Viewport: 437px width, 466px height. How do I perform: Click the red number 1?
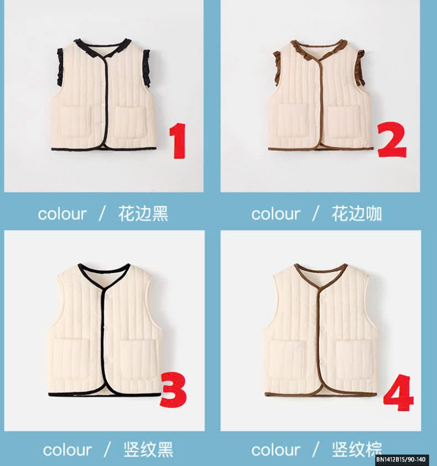(x=178, y=141)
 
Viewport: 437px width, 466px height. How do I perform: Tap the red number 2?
(x=392, y=139)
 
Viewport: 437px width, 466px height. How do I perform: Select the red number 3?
(x=173, y=390)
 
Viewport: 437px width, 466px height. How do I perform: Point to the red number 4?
(x=398, y=393)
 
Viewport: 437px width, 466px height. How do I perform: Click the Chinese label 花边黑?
(x=143, y=214)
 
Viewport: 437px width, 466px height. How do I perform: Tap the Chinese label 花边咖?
(x=356, y=214)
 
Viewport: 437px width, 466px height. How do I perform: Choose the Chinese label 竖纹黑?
(x=148, y=449)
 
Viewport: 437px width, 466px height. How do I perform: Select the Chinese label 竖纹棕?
(x=356, y=449)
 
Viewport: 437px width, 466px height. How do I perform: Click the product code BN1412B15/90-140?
(x=400, y=459)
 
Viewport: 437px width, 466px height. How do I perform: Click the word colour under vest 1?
(x=62, y=214)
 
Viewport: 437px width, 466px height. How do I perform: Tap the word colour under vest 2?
(x=275, y=214)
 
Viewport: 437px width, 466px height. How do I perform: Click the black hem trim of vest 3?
(x=105, y=395)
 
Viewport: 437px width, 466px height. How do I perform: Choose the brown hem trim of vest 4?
(x=321, y=395)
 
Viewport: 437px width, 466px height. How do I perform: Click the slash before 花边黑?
(x=102, y=214)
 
